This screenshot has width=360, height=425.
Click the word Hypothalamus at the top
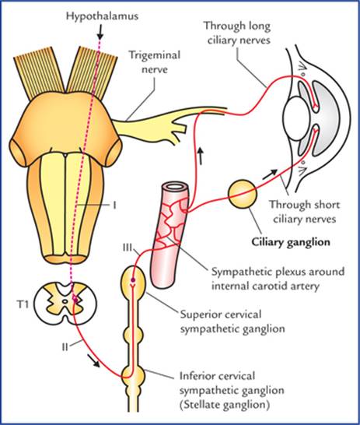tap(103, 16)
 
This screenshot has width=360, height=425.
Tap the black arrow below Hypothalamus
tap(100, 33)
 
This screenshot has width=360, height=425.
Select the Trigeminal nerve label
tap(155, 62)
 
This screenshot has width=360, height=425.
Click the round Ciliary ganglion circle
tap(243, 194)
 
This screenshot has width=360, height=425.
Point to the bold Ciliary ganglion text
tap(291, 242)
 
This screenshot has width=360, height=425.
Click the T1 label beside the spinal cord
tap(23, 304)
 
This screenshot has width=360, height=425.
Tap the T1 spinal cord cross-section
tap(65, 301)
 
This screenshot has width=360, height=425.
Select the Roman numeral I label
tap(114, 205)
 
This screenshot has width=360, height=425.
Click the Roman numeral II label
tap(65, 347)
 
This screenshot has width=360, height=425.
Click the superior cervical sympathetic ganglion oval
tap(133, 280)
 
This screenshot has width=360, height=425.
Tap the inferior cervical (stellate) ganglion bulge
tap(133, 375)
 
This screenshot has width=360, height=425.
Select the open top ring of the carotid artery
tap(175, 187)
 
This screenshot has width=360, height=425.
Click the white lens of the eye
tap(296, 119)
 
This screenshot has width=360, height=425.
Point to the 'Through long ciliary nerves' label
tap(237, 33)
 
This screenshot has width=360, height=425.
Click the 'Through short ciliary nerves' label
tap(304, 212)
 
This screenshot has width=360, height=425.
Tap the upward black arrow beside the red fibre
tap(200, 156)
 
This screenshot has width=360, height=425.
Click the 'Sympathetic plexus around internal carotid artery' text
tap(278, 279)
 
